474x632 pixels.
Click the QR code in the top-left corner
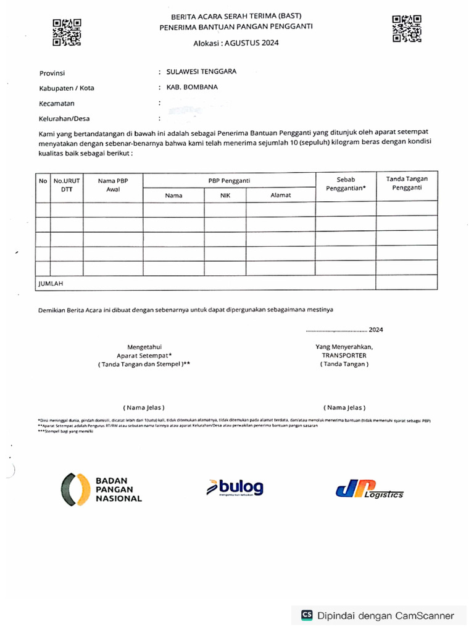pyautogui.click(x=67, y=33)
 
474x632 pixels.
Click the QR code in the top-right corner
pyautogui.click(x=407, y=28)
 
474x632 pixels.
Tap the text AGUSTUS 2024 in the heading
pyautogui.click(x=252, y=43)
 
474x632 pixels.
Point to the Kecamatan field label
pyautogui.click(x=57, y=104)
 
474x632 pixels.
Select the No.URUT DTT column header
pyautogui.click(x=67, y=185)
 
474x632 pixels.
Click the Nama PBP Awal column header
pyautogui.click(x=113, y=185)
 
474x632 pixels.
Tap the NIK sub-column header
pyautogui.click(x=225, y=195)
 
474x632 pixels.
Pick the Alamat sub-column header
pyautogui.click(x=281, y=195)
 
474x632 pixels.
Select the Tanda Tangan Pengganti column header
pyautogui.click(x=407, y=183)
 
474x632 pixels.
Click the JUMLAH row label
pyautogui.click(x=51, y=283)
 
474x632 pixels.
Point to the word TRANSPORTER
pyautogui.click(x=344, y=355)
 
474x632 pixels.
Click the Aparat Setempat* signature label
pyautogui.click(x=144, y=355)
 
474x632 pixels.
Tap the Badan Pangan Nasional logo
pyautogui.click(x=102, y=489)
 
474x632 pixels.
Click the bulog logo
pyautogui.click(x=235, y=488)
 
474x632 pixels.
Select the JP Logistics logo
pyautogui.click(x=369, y=489)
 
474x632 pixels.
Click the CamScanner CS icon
pyautogui.click(x=307, y=615)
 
